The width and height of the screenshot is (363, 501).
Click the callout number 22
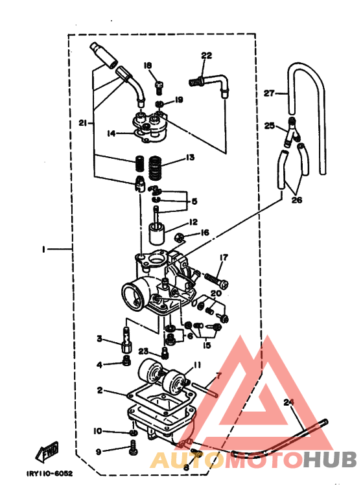(206, 56)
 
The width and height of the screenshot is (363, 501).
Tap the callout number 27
(269, 93)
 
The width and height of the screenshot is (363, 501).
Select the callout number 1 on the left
(43, 248)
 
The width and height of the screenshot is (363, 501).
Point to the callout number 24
(289, 402)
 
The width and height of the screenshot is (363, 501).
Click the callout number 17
(223, 257)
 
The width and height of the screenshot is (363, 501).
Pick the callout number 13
(190, 157)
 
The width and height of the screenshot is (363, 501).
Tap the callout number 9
(99, 452)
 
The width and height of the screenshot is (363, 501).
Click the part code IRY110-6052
(49, 473)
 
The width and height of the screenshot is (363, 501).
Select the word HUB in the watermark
(331, 460)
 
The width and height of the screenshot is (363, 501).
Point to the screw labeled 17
(215, 279)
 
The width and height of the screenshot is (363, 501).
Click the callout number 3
(100, 338)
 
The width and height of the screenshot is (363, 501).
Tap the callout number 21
(82, 123)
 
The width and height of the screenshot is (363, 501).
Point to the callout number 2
(100, 390)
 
